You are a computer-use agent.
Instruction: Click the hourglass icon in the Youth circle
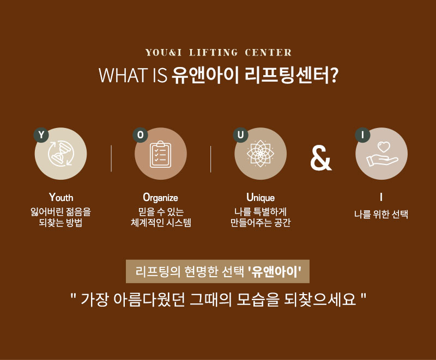point(60,154)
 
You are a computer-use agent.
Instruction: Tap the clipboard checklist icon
point(160,154)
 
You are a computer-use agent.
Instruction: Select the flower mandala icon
point(261,154)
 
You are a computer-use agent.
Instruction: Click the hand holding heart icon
point(382,154)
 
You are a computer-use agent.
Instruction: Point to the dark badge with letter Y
point(41,135)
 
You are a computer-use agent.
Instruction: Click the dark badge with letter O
point(141,135)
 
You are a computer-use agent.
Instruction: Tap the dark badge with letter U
point(240,135)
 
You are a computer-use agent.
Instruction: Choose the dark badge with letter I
point(362,135)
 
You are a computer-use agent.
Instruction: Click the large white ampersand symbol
point(321,157)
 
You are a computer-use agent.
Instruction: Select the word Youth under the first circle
point(61,198)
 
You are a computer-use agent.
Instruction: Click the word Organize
point(160,198)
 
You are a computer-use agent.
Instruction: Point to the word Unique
point(261,198)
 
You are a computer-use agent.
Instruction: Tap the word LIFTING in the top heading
point(214,52)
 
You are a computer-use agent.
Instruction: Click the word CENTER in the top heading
point(268,52)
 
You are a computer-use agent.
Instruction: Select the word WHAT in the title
point(123,75)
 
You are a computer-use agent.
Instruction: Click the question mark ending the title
point(334,75)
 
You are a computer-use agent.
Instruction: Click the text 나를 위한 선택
point(381,215)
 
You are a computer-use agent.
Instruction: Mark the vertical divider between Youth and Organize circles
point(111,158)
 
